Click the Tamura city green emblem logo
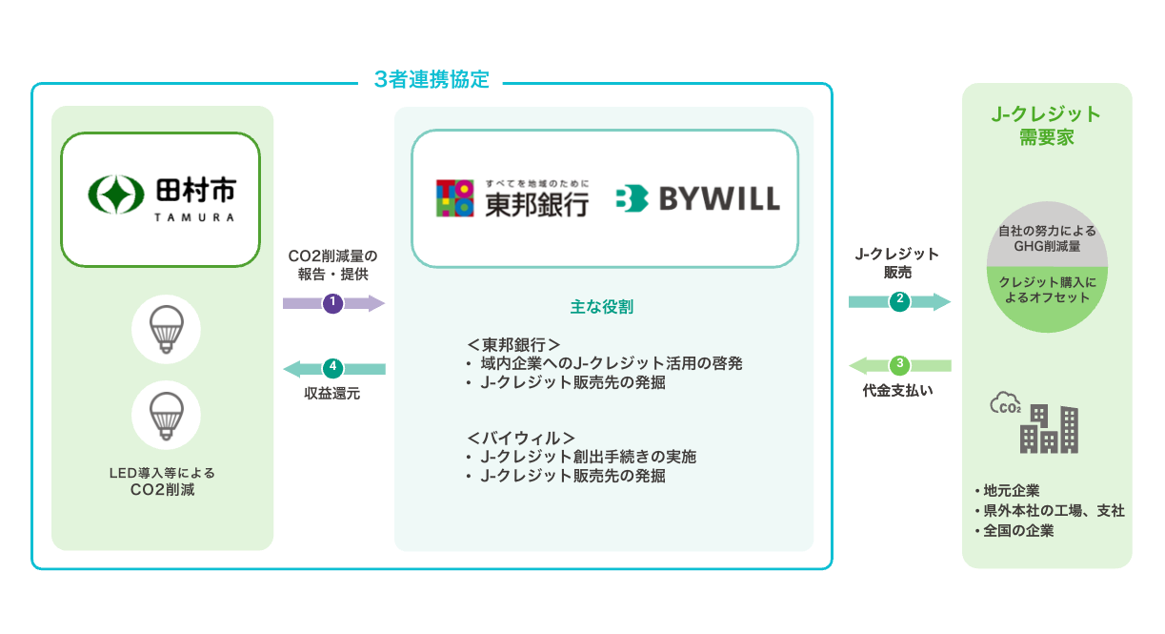point(113,194)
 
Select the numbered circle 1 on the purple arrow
point(332,303)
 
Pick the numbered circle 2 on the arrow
point(899,302)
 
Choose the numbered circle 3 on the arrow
point(899,364)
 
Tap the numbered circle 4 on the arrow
point(332,367)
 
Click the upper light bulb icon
point(167,329)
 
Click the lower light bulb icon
point(167,415)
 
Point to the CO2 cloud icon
point(1006,405)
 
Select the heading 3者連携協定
point(432,80)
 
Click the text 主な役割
point(602,307)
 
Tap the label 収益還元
point(333,393)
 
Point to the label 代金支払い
point(899,390)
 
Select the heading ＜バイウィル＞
point(521,438)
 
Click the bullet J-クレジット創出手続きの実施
point(588,457)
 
